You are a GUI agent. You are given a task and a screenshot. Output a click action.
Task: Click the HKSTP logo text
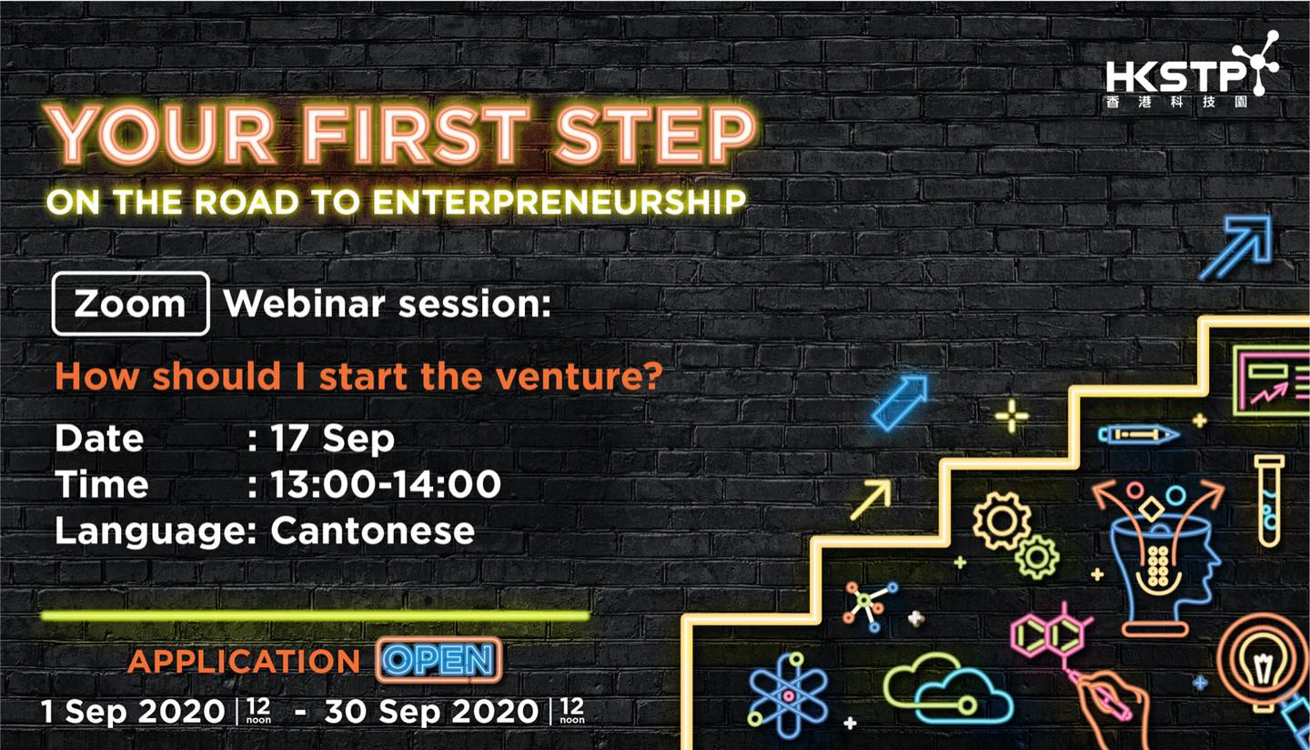click(x=1175, y=77)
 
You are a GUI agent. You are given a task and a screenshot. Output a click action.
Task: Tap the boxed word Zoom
click(x=130, y=304)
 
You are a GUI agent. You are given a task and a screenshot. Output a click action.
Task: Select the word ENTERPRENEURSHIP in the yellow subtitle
click(x=559, y=202)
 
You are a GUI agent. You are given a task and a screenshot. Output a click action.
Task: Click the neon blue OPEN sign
click(x=438, y=660)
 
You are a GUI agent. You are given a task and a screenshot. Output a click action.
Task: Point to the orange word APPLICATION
click(x=243, y=661)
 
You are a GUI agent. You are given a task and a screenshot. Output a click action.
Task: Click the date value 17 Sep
click(x=332, y=438)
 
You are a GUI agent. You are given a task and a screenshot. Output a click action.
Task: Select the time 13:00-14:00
click(x=386, y=484)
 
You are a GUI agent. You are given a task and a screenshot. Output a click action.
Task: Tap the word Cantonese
click(x=372, y=531)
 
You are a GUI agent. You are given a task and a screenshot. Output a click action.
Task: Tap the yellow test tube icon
click(x=1268, y=502)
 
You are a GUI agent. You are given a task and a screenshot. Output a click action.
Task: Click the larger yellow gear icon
click(x=1002, y=521)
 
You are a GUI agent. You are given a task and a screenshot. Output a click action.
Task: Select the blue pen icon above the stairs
click(x=1137, y=435)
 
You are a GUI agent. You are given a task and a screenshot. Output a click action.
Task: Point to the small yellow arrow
click(x=872, y=500)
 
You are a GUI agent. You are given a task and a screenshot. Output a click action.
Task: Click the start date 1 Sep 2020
click(x=134, y=712)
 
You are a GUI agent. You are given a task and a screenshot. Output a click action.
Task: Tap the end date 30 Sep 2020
click(x=431, y=712)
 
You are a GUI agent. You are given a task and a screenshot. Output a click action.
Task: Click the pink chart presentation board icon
click(x=1273, y=380)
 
